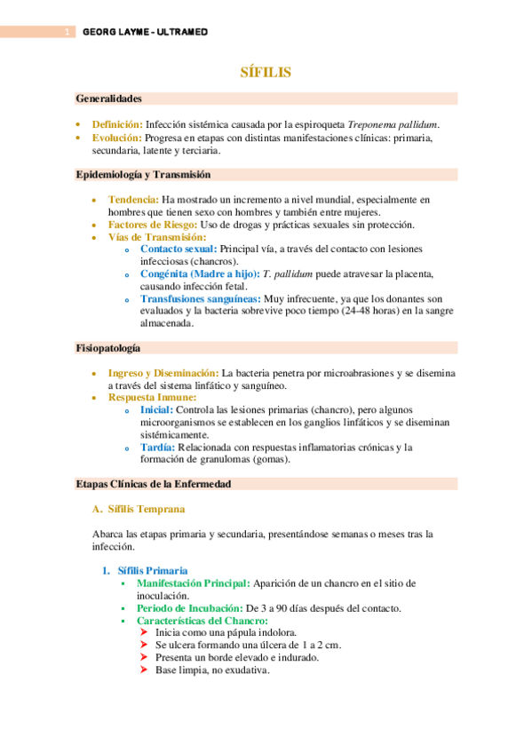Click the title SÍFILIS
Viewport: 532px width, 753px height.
(266, 72)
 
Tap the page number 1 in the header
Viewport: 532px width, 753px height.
(67, 32)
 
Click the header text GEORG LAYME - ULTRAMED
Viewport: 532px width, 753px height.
(145, 32)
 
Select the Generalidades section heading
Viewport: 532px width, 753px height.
(109, 99)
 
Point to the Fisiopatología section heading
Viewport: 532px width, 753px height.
(108, 348)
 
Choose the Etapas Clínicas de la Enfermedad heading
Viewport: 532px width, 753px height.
(154, 484)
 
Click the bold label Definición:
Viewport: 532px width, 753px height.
(117, 124)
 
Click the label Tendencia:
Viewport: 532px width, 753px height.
(133, 200)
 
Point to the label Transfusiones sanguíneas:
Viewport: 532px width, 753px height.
(200, 299)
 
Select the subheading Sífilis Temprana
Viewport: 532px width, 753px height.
(146, 509)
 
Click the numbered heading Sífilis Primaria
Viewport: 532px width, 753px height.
(152, 570)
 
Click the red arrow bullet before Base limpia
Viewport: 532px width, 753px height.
(146, 670)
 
